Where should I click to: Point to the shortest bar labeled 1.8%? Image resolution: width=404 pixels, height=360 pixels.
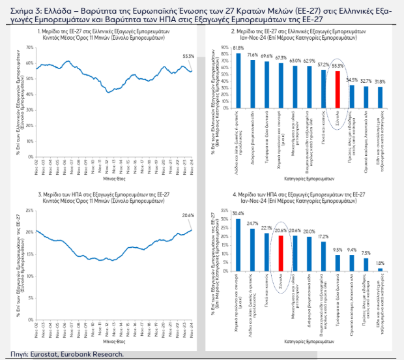(x=381, y=269)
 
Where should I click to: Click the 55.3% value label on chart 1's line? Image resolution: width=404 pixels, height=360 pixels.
(x=187, y=57)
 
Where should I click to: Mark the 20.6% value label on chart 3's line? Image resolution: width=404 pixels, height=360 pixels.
(x=188, y=215)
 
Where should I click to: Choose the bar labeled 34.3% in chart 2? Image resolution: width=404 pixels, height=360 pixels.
(x=352, y=95)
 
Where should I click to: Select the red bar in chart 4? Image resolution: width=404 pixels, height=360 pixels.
(x=281, y=254)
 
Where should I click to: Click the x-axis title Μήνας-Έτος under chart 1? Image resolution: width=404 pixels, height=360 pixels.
(x=113, y=176)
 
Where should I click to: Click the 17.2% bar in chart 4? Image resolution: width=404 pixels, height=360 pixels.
(x=324, y=256)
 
